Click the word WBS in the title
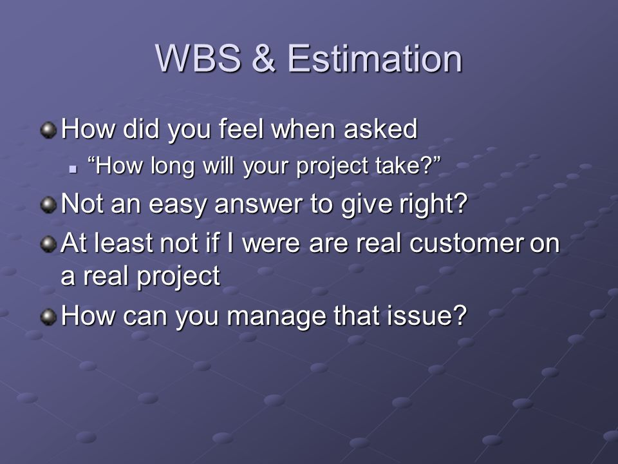(x=198, y=59)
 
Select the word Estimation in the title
(x=375, y=59)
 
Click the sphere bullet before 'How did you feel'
(x=48, y=130)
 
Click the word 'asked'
(x=380, y=129)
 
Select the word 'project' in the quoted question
(x=332, y=166)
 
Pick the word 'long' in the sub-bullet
(x=173, y=166)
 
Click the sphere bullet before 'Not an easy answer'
(x=48, y=205)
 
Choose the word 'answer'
(x=259, y=204)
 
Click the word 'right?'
(x=433, y=204)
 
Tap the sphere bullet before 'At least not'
(x=48, y=244)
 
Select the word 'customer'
(x=467, y=244)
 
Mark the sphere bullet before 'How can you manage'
(x=48, y=317)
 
